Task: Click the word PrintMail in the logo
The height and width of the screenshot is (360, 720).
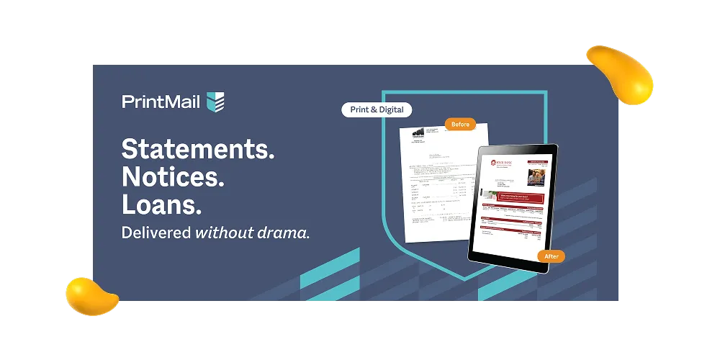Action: [x=162, y=102]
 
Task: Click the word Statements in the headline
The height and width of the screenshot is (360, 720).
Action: [x=197, y=149]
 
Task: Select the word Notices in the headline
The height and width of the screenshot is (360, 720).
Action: [x=173, y=177]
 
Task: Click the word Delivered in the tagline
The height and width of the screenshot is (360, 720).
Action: [x=156, y=233]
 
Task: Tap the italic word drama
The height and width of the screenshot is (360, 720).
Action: [x=286, y=233]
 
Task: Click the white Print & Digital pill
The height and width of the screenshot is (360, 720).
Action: [x=377, y=110]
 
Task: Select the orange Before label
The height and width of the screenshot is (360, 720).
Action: [x=460, y=124]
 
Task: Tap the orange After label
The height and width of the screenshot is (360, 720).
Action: [x=551, y=256]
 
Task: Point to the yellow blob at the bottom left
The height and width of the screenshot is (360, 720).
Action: [x=91, y=295]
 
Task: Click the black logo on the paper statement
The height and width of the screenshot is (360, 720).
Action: [x=418, y=132]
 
